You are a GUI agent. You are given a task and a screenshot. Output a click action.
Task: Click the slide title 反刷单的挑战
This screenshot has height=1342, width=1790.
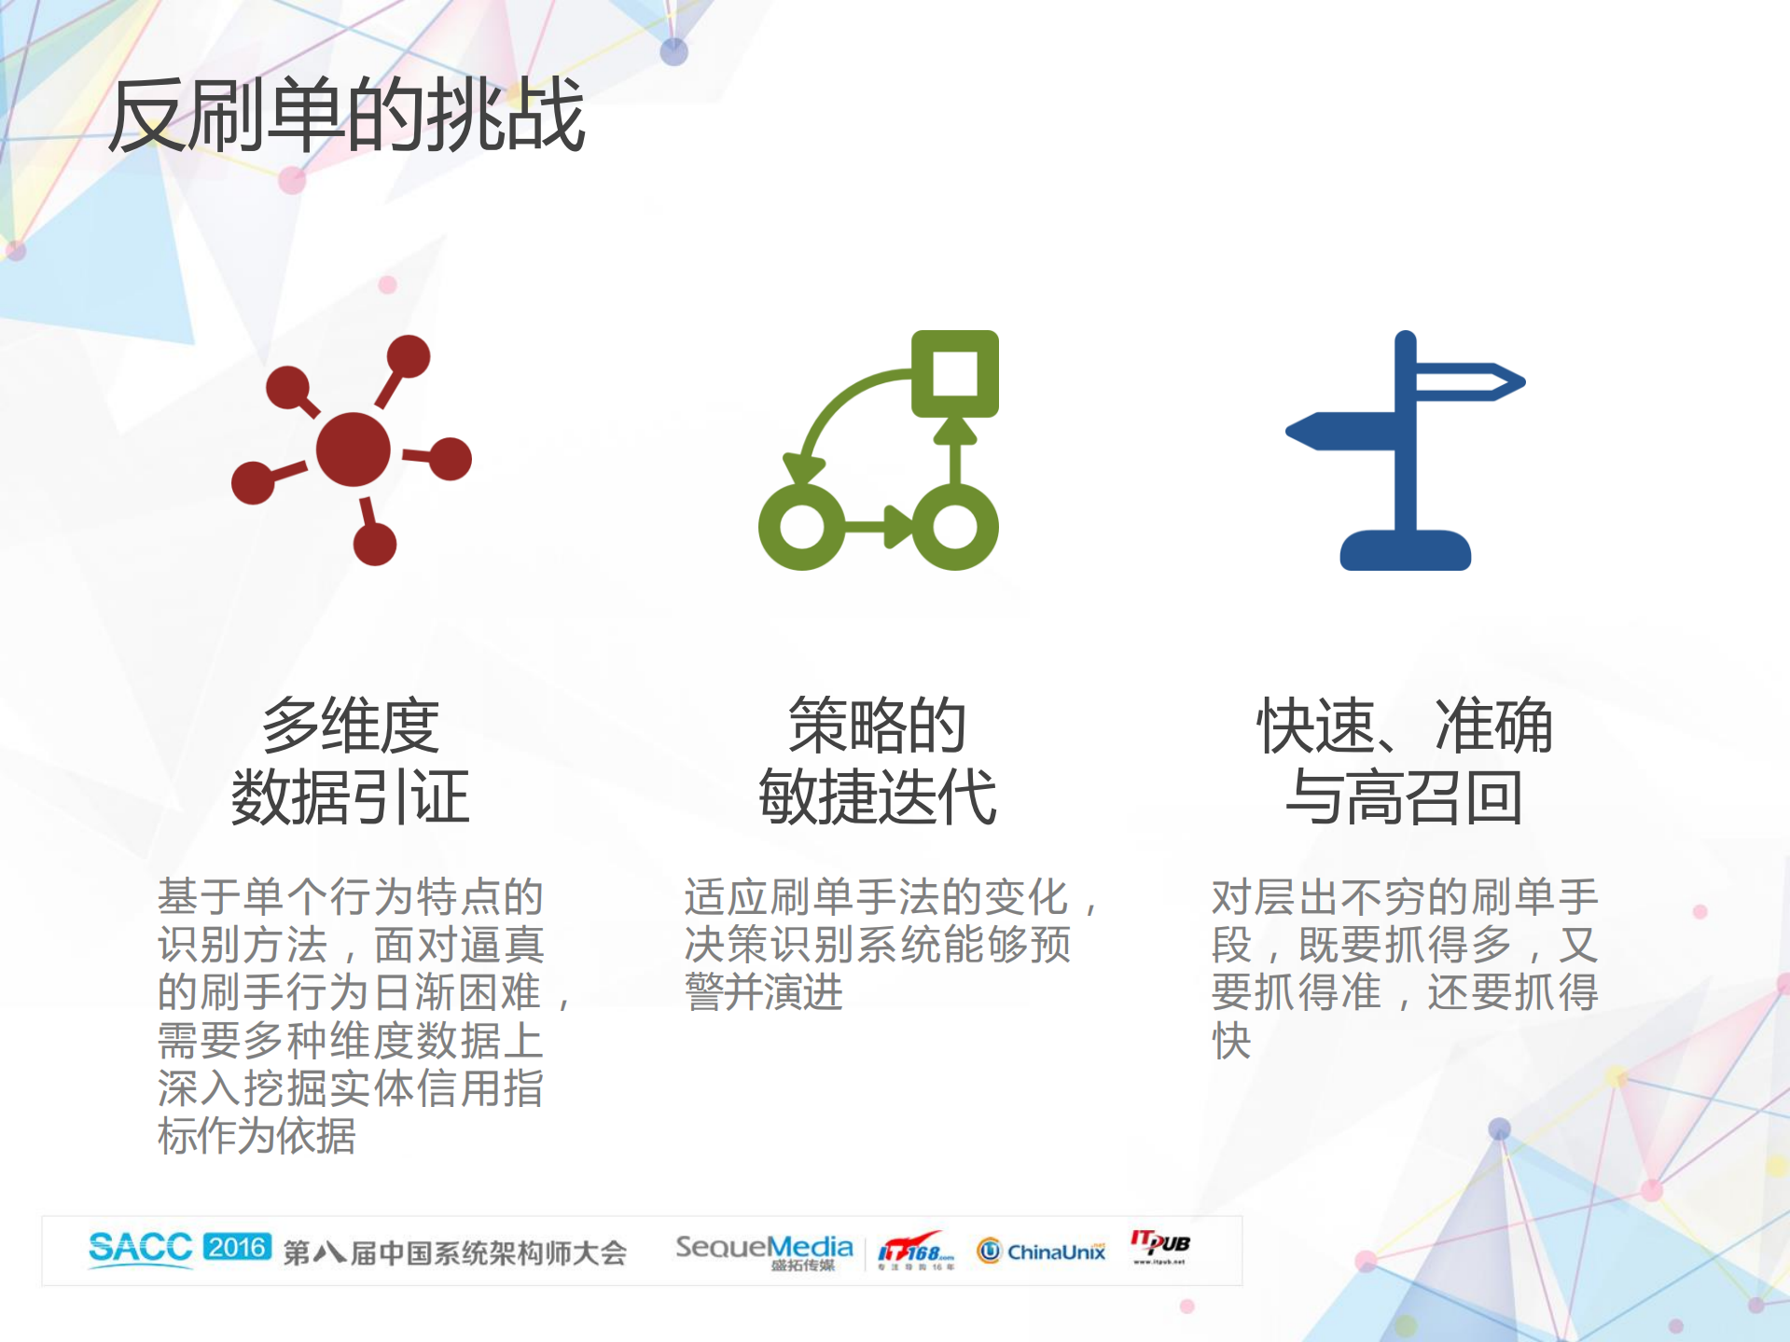(346, 116)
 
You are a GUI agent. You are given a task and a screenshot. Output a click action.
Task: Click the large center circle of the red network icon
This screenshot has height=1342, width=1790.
(353, 450)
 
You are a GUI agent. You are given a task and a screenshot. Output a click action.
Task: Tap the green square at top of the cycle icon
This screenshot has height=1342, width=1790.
(955, 373)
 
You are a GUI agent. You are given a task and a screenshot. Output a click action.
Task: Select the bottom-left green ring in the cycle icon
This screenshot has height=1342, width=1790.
(801, 527)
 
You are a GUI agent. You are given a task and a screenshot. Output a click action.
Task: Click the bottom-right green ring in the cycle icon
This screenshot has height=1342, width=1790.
(955, 527)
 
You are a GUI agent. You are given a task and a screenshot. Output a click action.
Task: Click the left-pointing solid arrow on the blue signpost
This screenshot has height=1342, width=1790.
(1339, 431)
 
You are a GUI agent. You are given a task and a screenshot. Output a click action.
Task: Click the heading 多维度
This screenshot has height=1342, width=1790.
(351, 726)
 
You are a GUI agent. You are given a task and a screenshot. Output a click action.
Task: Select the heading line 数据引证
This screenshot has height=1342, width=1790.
(351, 798)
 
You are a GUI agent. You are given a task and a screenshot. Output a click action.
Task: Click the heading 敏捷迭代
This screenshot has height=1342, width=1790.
(877, 798)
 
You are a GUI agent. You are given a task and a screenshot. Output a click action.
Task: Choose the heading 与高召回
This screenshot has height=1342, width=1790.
(1404, 798)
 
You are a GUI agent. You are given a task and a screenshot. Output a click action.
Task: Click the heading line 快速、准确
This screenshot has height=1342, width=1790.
(1404, 726)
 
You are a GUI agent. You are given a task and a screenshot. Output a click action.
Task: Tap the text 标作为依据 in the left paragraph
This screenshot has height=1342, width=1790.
(257, 1136)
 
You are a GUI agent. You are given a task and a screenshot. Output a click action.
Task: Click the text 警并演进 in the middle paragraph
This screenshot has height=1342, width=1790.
(764, 992)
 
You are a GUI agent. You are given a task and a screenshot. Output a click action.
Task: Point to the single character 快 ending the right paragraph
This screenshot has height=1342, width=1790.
(1231, 1041)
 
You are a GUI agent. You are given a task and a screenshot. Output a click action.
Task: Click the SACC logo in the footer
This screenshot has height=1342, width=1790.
(140, 1248)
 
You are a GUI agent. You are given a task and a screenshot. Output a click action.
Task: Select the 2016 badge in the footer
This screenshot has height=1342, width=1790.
(237, 1247)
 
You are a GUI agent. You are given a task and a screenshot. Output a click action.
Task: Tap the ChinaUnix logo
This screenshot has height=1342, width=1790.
(1042, 1251)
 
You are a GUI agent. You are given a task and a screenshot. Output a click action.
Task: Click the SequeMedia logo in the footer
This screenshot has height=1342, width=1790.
(764, 1250)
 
